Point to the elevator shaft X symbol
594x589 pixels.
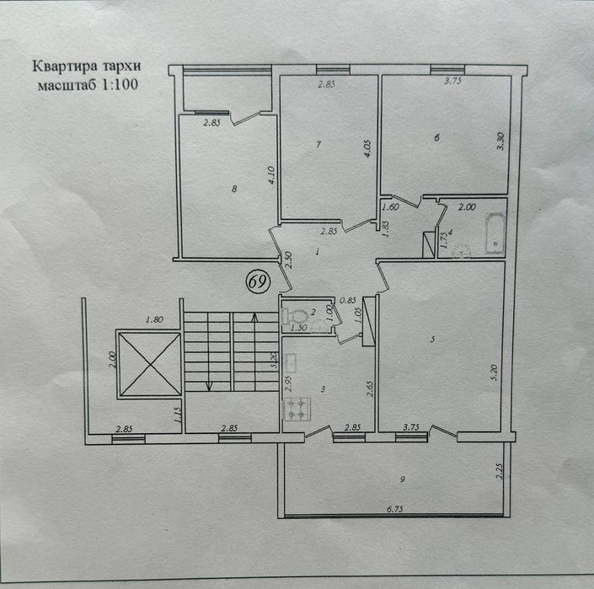click(150, 364)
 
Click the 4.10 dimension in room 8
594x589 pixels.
click(270, 174)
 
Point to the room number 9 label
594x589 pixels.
click(404, 479)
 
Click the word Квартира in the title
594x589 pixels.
click(62, 67)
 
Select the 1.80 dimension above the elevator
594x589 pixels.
click(153, 320)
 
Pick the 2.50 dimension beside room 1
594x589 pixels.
click(287, 260)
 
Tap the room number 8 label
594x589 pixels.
click(233, 189)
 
